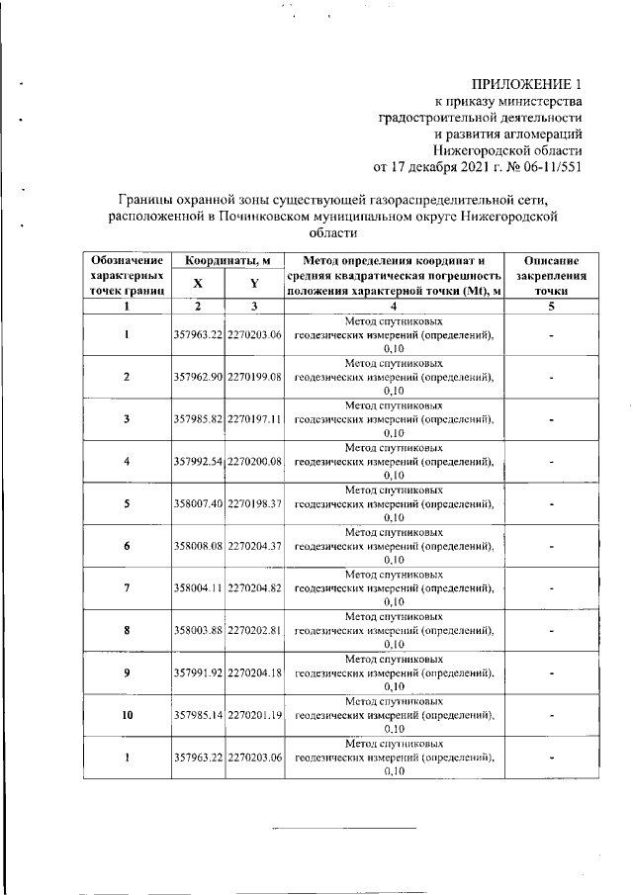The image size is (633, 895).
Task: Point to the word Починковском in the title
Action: point(297,213)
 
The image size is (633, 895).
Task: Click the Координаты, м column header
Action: point(227,259)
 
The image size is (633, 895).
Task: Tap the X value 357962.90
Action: point(198,378)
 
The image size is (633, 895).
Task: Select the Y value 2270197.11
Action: point(255,419)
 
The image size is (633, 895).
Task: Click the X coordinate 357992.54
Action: point(198,461)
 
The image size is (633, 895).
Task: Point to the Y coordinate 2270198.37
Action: point(255,503)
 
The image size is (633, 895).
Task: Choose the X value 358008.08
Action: point(198,546)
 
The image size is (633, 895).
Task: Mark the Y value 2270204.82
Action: point(255,588)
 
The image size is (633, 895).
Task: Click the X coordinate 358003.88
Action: point(198,630)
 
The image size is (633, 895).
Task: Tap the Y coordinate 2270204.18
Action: point(255,672)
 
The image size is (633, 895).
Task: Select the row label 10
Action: point(127,714)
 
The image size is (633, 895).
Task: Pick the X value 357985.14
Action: point(198,714)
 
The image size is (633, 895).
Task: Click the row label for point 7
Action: point(127,588)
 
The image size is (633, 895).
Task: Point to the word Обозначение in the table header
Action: point(127,259)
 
